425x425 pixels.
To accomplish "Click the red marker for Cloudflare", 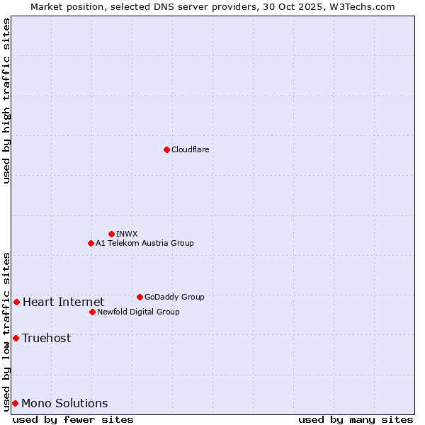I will pos(166,149).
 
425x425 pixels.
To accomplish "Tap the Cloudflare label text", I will pos(190,149).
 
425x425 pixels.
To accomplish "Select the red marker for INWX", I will pos(111,234).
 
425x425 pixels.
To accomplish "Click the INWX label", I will pos(127,234).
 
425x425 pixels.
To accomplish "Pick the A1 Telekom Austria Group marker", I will pos(91,243).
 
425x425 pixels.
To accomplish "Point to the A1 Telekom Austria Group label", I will pos(144,243).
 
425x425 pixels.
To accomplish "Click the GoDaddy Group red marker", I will pos(140,297).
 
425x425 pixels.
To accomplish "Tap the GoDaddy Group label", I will pos(174,297).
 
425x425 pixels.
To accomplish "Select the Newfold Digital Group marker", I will pos(92,312).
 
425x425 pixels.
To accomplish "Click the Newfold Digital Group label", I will pos(138,312).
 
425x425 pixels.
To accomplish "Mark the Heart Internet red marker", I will pos(16,302).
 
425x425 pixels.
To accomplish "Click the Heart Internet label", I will pos(63,302).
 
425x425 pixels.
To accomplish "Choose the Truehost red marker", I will pos(16,338).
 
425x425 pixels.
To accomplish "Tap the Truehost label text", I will pos(46,338).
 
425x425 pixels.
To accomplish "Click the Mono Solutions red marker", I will pos(15,403).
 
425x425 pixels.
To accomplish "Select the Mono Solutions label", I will pos(64,404).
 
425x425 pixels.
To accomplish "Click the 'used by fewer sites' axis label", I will pos(73,419).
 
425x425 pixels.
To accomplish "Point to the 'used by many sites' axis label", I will pos(356,419).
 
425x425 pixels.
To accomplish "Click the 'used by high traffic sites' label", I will pos(6,101).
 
